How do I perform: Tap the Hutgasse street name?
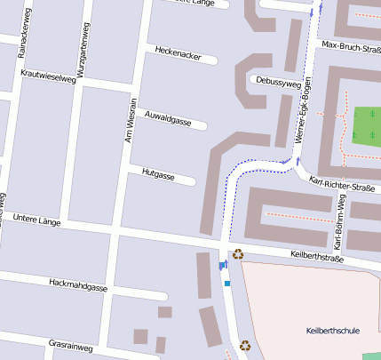(x=158, y=175)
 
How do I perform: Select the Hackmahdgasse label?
(x=79, y=286)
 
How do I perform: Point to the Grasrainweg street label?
(x=71, y=343)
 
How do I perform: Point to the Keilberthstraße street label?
(x=317, y=258)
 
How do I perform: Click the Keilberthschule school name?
(x=332, y=331)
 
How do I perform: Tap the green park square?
(x=366, y=124)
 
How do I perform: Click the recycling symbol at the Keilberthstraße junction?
(x=237, y=253)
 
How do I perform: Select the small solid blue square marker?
(x=227, y=284)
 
